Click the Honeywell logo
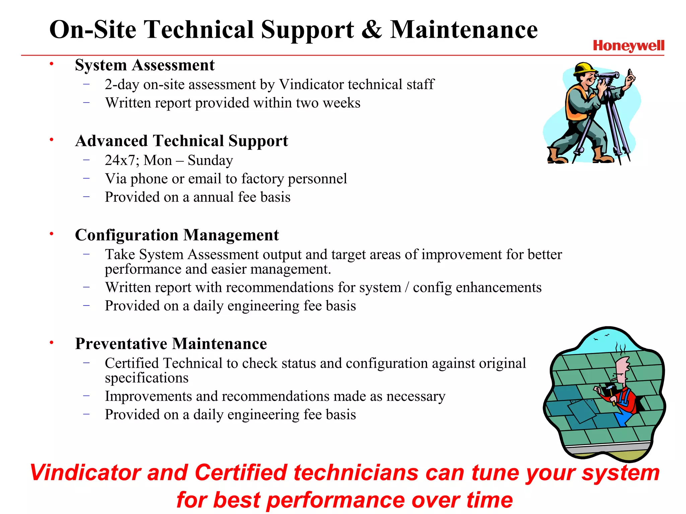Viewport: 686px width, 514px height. (x=628, y=46)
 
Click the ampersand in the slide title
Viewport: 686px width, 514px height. (x=372, y=29)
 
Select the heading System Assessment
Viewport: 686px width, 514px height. (x=144, y=65)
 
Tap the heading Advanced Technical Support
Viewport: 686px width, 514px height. (x=182, y=141)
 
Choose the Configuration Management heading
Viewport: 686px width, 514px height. (x=177, y=235)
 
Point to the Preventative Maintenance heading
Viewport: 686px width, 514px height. (x=171, y=344)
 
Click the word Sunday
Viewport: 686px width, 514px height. (x=210, y=160)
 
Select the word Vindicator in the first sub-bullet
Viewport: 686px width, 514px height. (x=307, y=84)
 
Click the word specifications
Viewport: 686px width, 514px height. (x=146, y=378)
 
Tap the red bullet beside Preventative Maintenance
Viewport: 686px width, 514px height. (x=52, y=342)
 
